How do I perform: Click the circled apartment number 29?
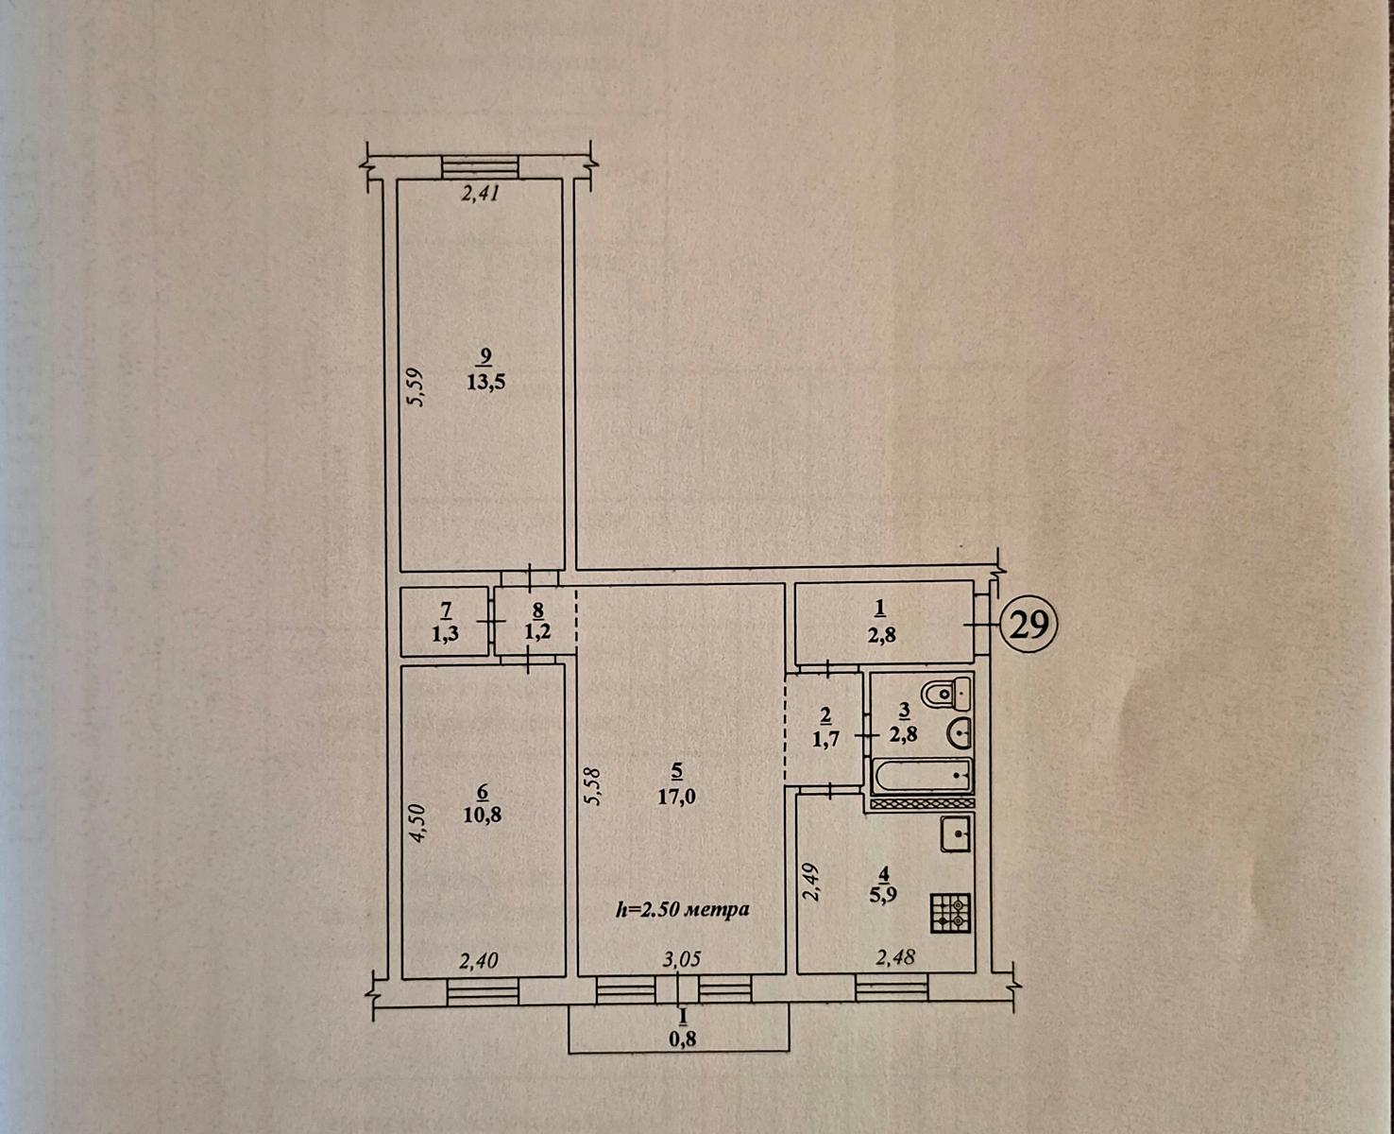point(1028,626)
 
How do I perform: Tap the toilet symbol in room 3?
point(947,694)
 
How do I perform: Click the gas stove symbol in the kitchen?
point(951,913)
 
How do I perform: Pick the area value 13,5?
point(486,382)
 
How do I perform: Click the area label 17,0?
point(677,796)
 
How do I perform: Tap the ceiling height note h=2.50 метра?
point(683,909)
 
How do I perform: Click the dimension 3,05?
point(682,960)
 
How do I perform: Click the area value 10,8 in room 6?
point(483,816)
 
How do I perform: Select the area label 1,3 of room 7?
point(446,634)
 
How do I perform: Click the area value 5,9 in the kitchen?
point(885,895)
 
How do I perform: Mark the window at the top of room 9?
point(481,167)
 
